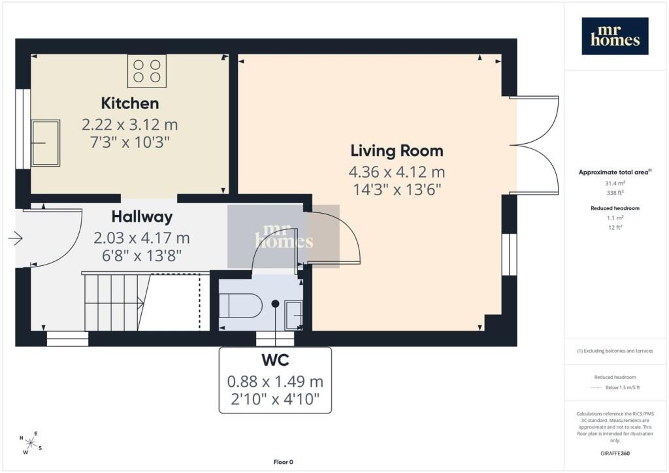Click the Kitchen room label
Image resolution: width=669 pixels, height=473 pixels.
tap(130, 103)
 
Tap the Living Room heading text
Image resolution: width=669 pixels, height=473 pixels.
tap(397, 150)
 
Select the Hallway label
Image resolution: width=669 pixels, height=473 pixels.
tap(142, 217)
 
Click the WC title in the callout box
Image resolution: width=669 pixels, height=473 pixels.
tap(275, 361)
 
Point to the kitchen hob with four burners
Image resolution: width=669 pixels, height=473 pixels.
tap(147, 71)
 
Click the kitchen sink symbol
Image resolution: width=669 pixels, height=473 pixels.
tap(45, 143)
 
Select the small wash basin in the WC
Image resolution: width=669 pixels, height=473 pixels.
tap(293, 315)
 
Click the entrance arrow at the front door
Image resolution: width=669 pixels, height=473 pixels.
tap(16, 238)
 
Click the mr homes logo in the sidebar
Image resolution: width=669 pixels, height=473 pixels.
tap(615, 36)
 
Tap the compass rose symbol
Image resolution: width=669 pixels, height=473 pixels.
tap(31, 443)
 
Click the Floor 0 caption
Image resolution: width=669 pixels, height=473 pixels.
tap(284, 462)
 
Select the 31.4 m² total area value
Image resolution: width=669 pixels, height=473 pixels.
tap(615, 184)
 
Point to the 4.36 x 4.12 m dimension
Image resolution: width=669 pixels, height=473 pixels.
tap(397, 172)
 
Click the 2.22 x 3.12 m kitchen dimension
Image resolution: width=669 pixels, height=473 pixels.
tap(130, 125)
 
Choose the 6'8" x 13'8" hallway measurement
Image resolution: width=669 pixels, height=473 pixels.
tap(142, 255)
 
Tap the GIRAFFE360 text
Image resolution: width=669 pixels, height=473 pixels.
tap(615, 453)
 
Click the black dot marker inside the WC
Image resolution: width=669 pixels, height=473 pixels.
tap(276, 304)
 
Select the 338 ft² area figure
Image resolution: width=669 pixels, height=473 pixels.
tap(615, 193)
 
